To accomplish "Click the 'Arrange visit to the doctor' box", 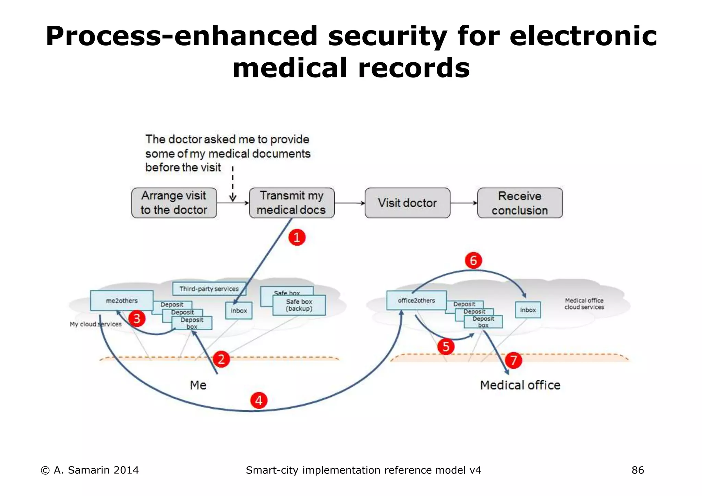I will coord(174,203).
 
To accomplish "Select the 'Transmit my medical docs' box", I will coord(291,203).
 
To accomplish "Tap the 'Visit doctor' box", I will coord(407,203).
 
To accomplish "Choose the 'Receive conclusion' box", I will coord(520,203).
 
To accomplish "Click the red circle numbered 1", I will coord(297,237).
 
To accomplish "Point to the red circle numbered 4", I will coord(258,400).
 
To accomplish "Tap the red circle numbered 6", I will coord(473,261).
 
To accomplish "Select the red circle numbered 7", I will coord(513,360).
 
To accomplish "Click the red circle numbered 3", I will coord(137,319).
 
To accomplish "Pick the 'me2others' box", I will coord(122,301).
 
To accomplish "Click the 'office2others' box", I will coord(416,300).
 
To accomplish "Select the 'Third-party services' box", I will coord(209,289).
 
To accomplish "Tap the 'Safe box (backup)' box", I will coord(299,305).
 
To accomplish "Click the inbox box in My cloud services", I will coord(239,311).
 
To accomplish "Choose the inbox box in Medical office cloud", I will coord(528,310).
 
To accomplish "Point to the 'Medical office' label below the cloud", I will coord(520,385).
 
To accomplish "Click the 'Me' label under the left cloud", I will coord(198,385).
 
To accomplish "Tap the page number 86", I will coord(638,470).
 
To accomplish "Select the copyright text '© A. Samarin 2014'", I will coord(90,470).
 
